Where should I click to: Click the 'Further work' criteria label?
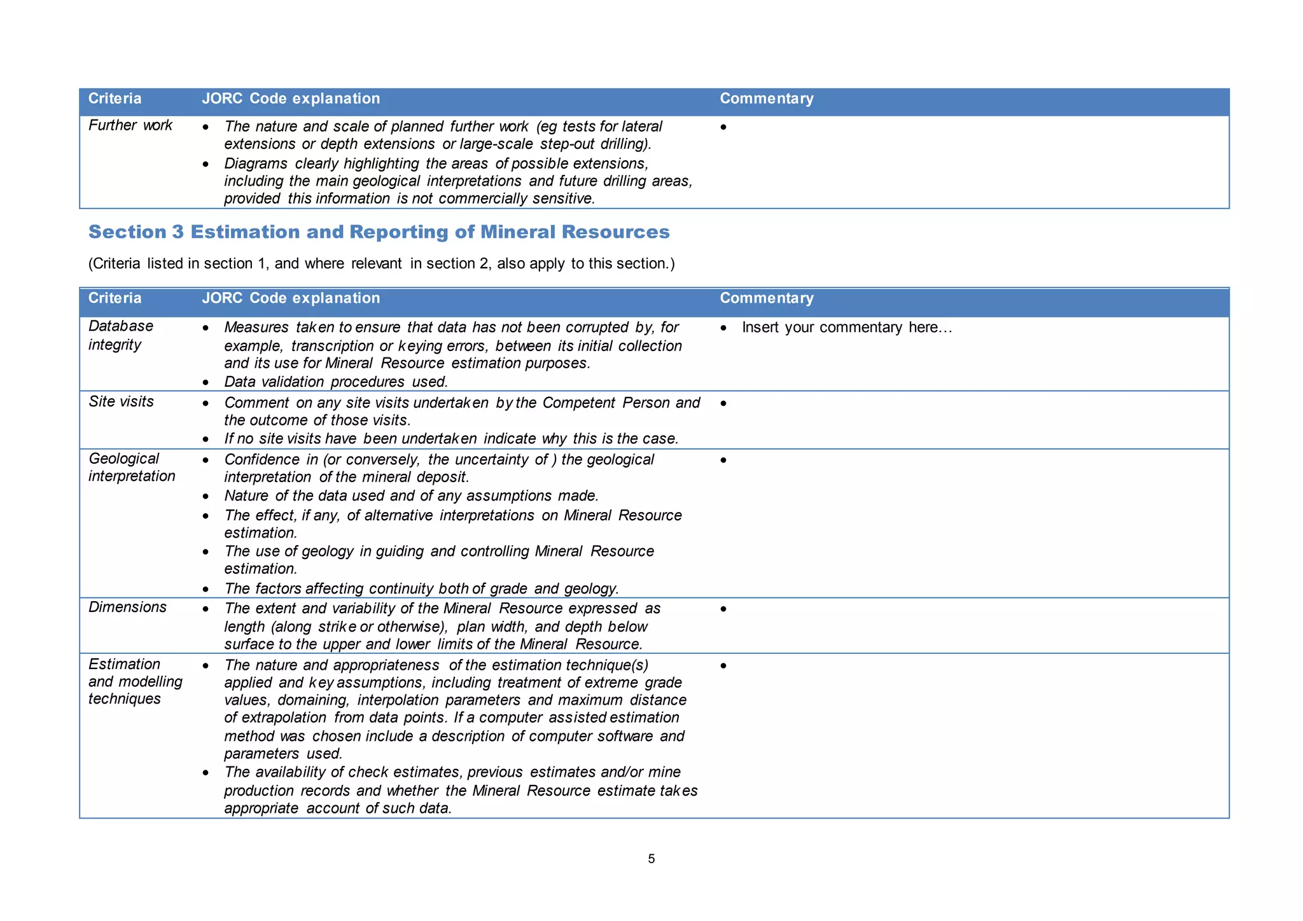[x=130, y=125]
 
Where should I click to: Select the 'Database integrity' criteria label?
[x=121, y=335]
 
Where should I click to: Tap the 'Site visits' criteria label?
[x=121, y=401]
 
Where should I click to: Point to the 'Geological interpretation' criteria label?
[x=131, y=467]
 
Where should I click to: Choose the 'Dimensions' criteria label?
[x=127, y=607]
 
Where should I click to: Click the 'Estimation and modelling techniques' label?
[x=135, y=681]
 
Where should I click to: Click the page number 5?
[x=651, y=859]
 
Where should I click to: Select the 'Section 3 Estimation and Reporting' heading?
[x=379, y=232]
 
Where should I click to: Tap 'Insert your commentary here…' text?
[x=846, y=328]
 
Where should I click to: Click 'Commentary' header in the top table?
[x=766, y=99]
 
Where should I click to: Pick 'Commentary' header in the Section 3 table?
[x=766, y=298]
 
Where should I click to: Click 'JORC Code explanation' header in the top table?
[x=291, y=99]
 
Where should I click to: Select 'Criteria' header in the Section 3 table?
[x=115, y=298]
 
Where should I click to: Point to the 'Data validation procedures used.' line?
[x=336, y=382]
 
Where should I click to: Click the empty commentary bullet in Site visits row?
[x=723, y=403]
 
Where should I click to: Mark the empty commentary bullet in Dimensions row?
[x=723, y=609]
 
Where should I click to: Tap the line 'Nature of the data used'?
[x=411, y=495]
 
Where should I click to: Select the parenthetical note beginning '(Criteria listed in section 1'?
[x=381, y=263]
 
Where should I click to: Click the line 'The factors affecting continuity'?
[x=421, y=588]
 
